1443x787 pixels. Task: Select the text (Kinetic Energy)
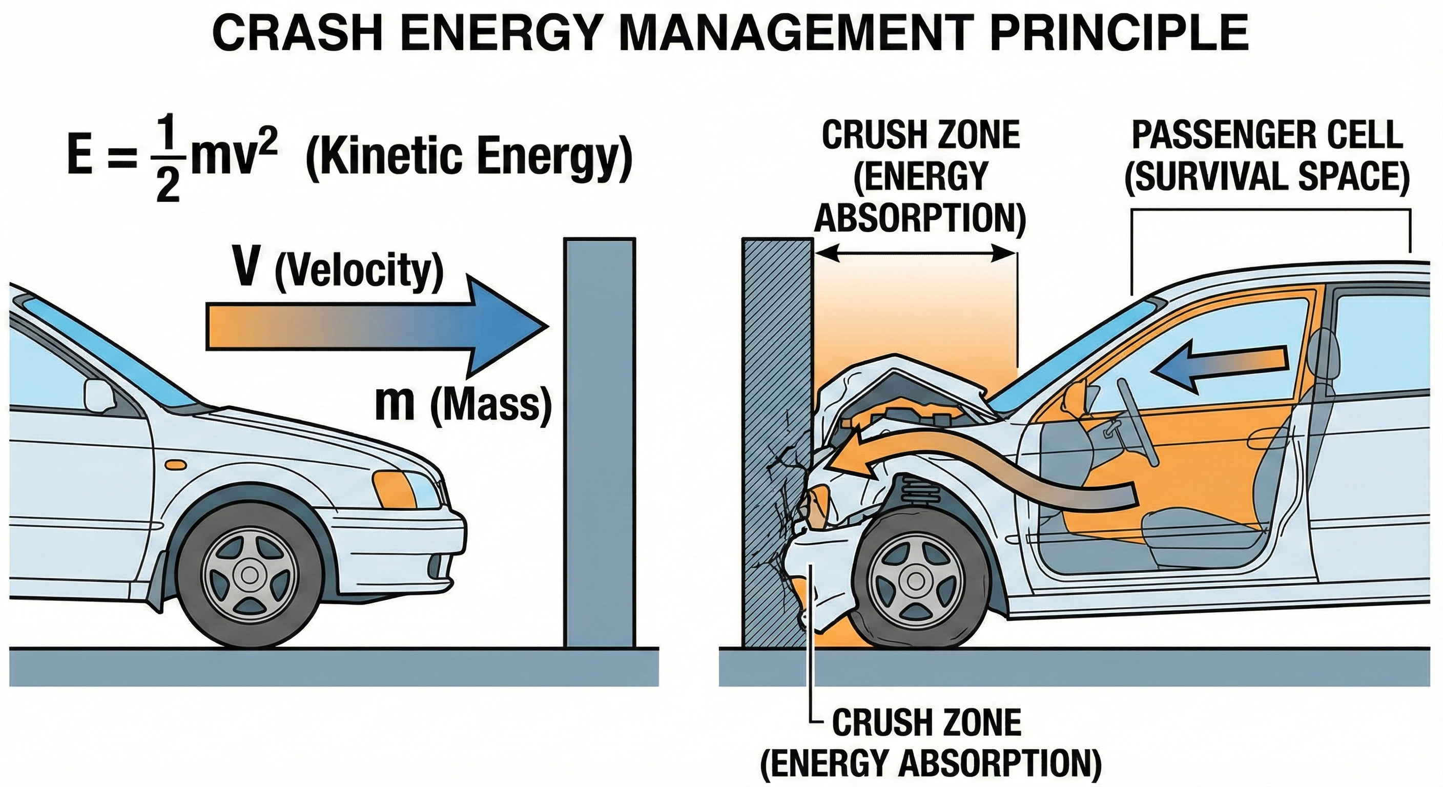click(469, 158)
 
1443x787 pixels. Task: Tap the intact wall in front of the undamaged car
click(600, 443)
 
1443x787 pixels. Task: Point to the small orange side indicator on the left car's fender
click(175, 464)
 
